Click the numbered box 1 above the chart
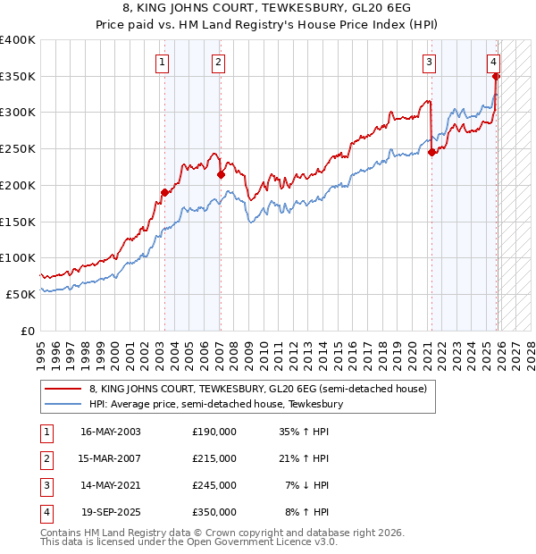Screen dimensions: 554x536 coord(162,62)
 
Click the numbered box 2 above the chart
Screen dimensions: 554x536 coord(218,62)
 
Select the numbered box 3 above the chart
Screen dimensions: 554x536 coord(430,62)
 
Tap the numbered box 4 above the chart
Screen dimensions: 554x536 coord(493,62)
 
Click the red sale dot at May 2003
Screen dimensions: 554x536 coord(164,192)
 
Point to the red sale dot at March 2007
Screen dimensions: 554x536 coord(221,174)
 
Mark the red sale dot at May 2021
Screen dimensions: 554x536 coord(431,152)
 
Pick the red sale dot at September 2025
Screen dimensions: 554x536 coord(496,76)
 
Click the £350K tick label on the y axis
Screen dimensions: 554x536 coord(18,76)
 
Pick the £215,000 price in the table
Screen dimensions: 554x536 coord(214,458)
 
